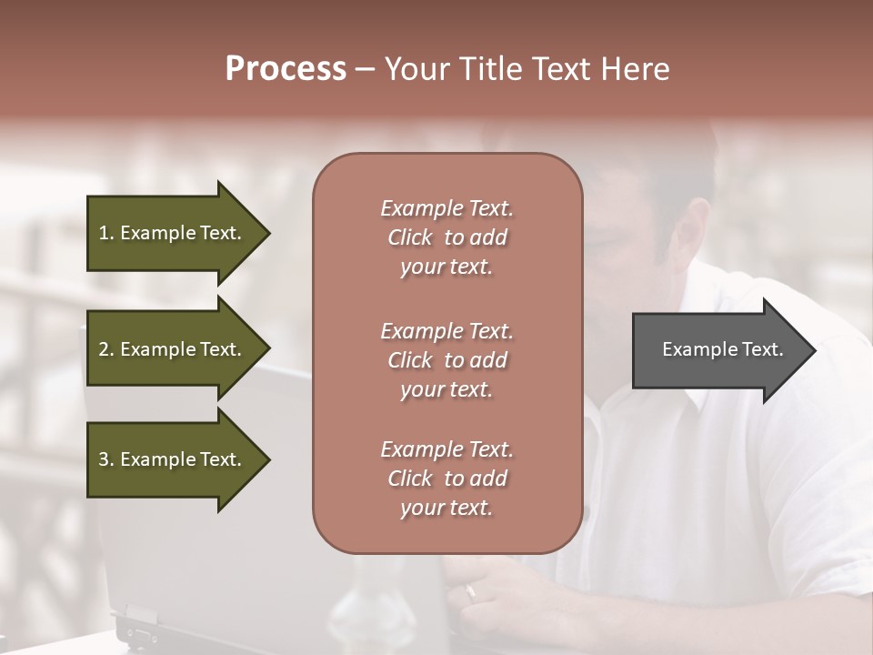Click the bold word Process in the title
tap(286, 69)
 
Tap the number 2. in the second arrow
tap(106, 349)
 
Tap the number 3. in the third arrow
tap(106, 459)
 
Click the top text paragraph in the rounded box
tap(447, 237)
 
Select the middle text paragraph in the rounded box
tap(447, 360)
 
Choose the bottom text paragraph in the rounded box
tap(447, 479)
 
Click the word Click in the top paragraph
tap(410, 237)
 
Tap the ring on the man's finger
tap(470, 591)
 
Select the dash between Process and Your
tap(366, 69)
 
